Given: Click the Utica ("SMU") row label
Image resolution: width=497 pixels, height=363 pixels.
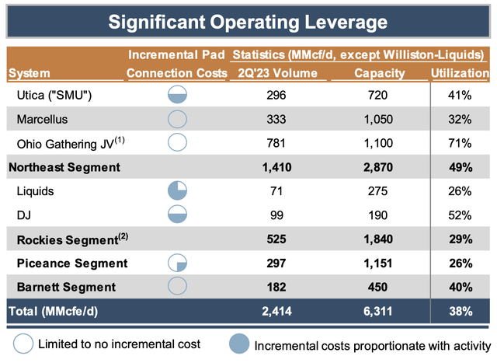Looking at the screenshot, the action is tap(54, 95).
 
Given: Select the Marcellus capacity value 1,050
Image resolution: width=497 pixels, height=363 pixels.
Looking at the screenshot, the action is tap(378, 120).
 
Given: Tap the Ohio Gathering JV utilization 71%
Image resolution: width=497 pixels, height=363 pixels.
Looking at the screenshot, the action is tap(460, 144).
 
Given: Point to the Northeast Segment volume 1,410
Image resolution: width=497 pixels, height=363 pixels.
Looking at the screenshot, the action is tap(276, 168).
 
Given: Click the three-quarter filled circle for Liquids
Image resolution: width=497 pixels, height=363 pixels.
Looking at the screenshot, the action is tap(177, 190).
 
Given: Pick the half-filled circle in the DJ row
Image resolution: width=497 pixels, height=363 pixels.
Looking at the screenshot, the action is tap(177, 215).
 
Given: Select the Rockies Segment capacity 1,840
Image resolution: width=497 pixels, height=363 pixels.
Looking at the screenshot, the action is tap(378, 239).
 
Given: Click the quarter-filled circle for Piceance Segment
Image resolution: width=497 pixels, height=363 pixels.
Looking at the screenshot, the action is tap(177, 263).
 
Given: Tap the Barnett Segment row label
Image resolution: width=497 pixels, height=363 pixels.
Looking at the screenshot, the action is tap(66, 287).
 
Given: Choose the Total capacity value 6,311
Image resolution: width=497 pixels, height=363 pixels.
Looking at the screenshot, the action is tap(378, 311).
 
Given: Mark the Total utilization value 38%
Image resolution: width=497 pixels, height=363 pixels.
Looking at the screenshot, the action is tap(461, 311).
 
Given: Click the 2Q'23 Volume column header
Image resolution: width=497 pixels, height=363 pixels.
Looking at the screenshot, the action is tap(278, 73).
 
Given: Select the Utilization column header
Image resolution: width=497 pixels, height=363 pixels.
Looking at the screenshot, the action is tap(460, 73).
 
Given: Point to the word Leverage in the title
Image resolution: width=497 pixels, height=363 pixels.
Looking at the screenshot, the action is tap(346, 23).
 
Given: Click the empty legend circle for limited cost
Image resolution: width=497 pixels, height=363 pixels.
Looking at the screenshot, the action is tap(23, 344).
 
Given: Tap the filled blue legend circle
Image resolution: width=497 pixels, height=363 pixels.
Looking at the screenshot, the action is tap(239, 344).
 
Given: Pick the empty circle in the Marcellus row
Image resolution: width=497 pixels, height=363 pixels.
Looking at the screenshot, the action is tap(177, 119).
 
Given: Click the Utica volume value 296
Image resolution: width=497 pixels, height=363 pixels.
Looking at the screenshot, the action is tap(276, 95).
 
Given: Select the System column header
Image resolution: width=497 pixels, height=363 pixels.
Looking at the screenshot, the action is tap(30, 74).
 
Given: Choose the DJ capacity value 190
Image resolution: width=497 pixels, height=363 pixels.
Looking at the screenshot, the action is tap(378, 215).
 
